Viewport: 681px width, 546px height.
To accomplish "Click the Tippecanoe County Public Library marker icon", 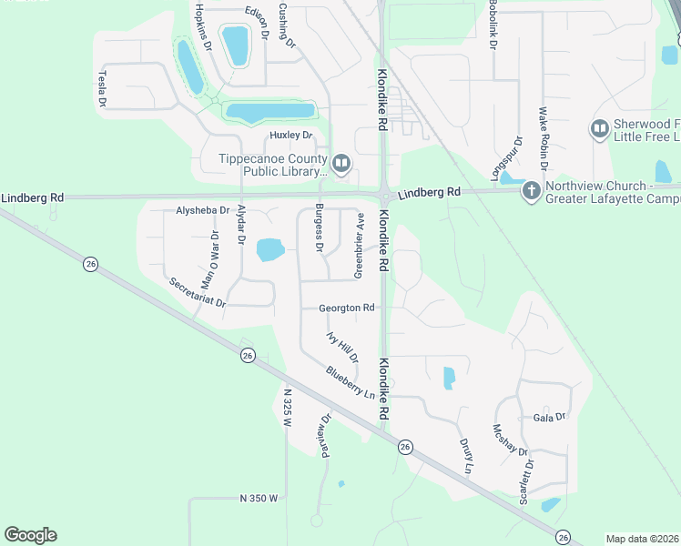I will coord(341,164).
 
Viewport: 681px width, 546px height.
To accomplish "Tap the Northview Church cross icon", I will coord(531,191).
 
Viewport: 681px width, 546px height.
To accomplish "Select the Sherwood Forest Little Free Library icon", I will coord(600,129).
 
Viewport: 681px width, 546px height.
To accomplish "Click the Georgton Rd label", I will coord(347,308).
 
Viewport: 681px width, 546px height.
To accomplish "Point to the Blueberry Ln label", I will coord(350,383).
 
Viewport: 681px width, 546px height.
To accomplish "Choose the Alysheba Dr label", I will coord(202,210).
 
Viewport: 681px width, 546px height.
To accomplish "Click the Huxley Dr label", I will coord(290,136).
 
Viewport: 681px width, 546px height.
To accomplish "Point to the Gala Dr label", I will coord(550,417).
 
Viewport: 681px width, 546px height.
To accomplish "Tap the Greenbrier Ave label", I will coord(359,246).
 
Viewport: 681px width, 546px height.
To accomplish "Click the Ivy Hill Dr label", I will coord(342,348).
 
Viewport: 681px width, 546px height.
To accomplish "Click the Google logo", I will coord(30,535).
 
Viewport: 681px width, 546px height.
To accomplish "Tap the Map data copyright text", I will coord(643,539).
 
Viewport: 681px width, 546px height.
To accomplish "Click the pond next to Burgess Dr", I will coord(270,249).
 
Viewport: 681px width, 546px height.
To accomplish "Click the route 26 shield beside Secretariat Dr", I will coord(89,264).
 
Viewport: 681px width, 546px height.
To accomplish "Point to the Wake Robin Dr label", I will coord(544,138).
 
